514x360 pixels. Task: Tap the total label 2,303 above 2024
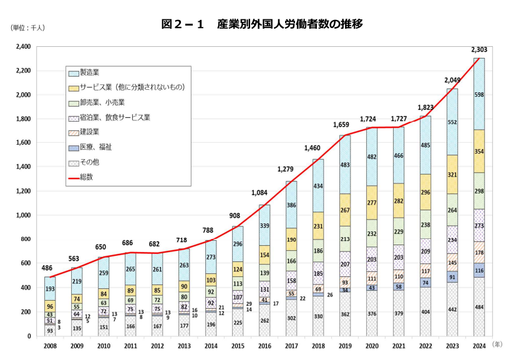click(x=479, y=50)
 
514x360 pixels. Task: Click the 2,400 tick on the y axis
click(x=22, y=47)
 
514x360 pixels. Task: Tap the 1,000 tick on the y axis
click(x=22, y=215)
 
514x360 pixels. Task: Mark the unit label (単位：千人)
click(x=27, y=27)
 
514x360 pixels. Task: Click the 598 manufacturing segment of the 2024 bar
click(x=479, y=94)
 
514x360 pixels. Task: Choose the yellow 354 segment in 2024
click(x=479, y=151)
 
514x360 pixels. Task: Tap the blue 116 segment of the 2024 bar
click(x=479, y=270)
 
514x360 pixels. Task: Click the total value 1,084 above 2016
click(x=265, y=193)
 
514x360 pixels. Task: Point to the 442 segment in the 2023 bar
click(x=452, y=309)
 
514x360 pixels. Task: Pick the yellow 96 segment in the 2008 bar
click(x=50, y=306)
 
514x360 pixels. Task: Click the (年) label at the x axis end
click(x=497, y=344)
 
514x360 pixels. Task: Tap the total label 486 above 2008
click(x=48, y=268)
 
